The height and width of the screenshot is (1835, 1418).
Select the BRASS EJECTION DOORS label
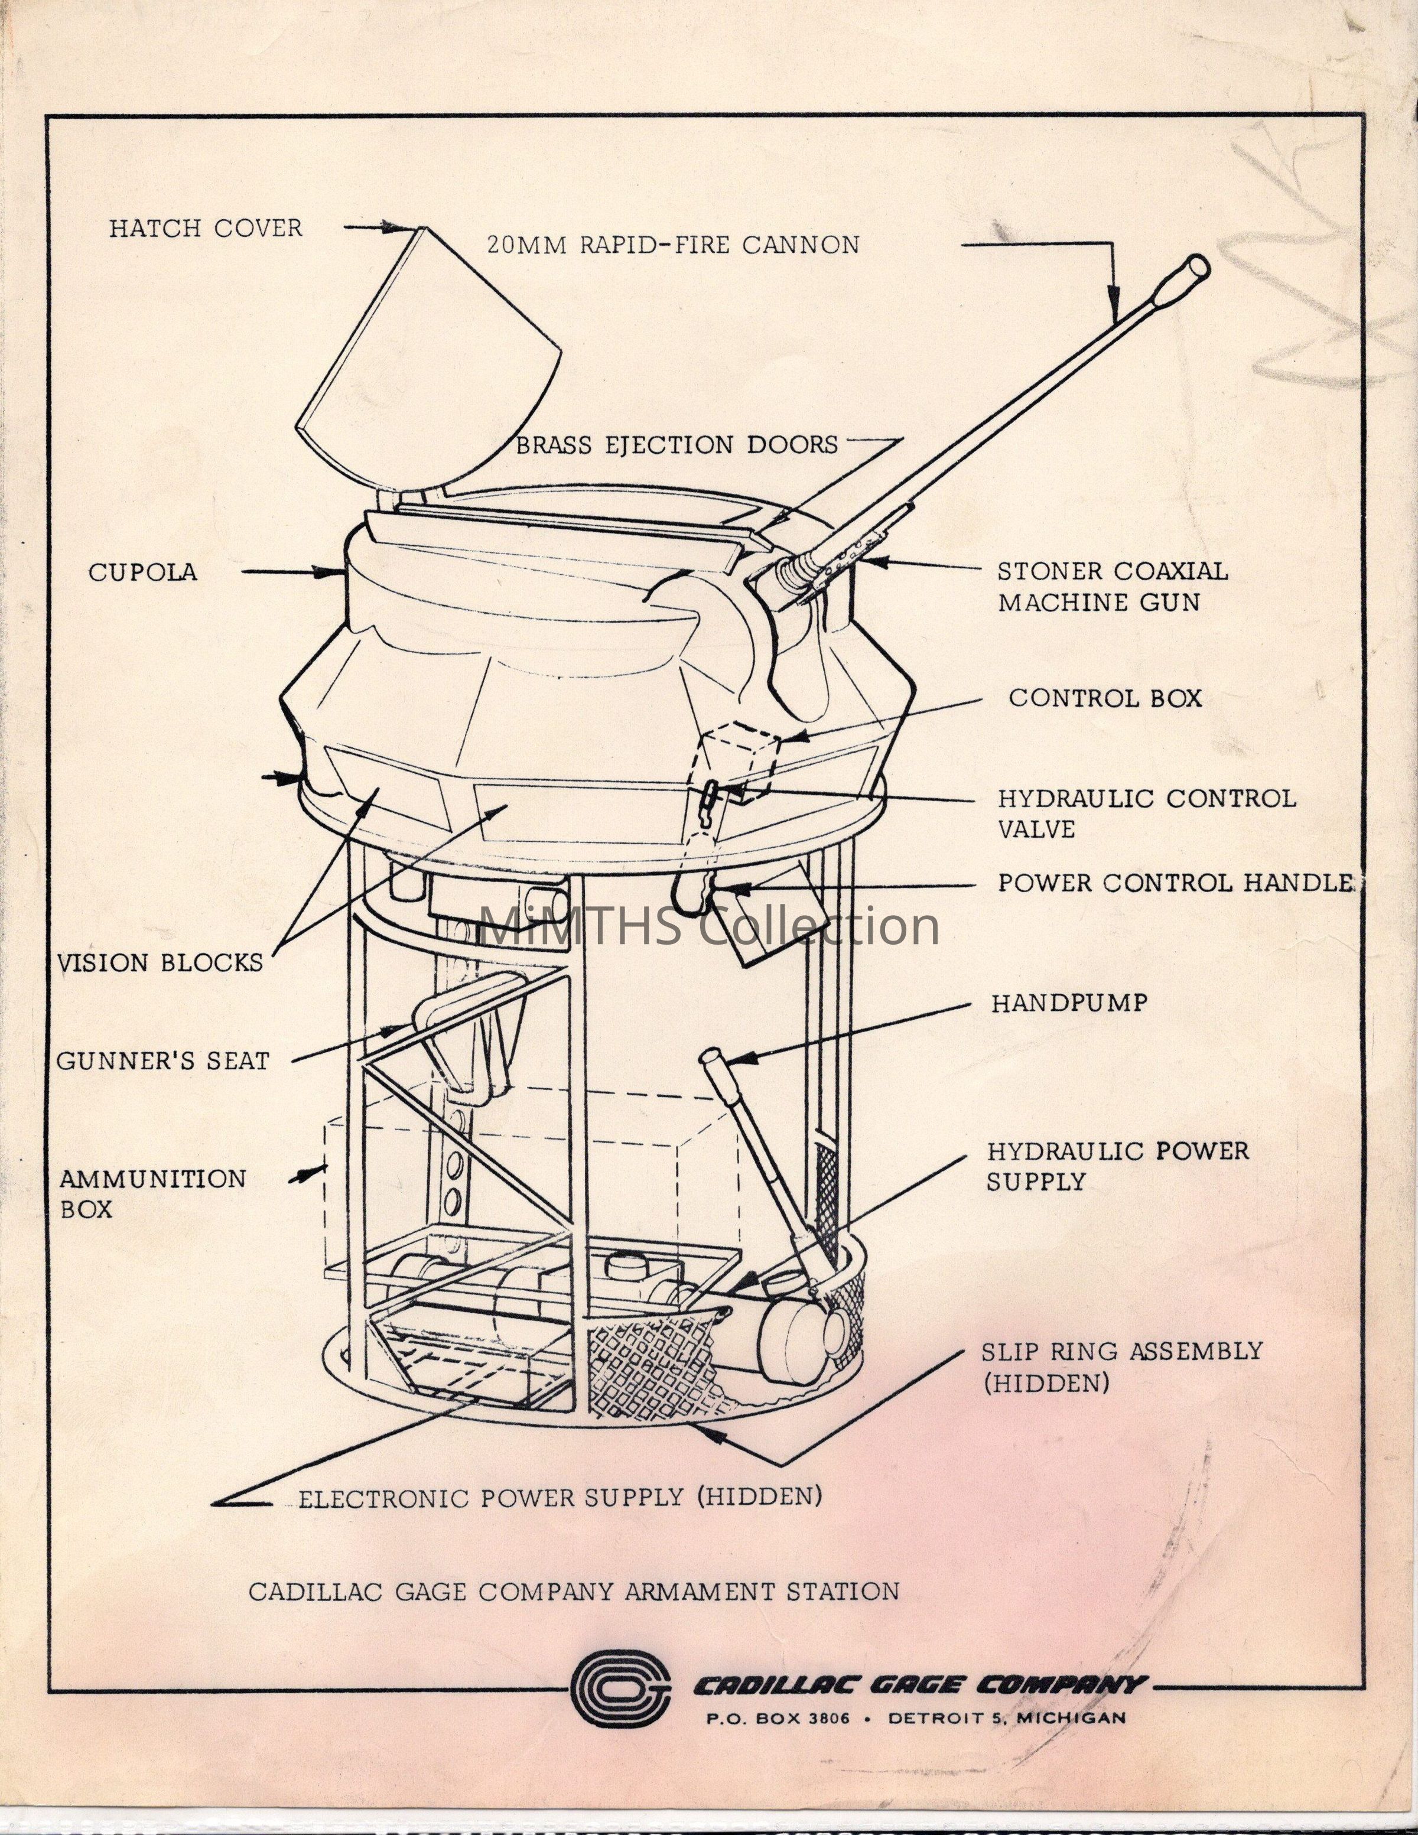coord(677,445)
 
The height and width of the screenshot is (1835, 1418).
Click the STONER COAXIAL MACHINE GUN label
coord(1111,587)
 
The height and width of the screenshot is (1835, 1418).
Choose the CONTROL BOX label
coord(1105,698)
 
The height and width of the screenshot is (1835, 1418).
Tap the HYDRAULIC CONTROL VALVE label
coord(1145,814)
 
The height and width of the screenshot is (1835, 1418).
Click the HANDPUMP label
coord(1069,1003)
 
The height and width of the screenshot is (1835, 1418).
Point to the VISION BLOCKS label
coord(160,963)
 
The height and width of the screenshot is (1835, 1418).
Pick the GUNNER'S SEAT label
coord(162,1061)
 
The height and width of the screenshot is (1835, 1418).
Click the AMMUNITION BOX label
coord(151,1194)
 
